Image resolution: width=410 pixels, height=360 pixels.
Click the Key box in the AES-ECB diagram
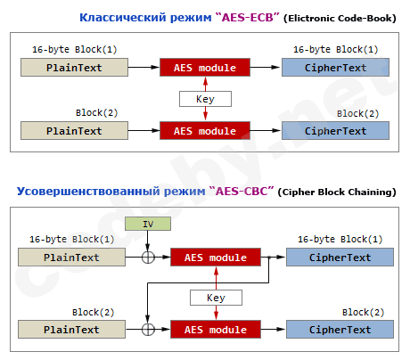(205, 99)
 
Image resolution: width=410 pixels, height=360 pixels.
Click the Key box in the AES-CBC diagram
(216, 299)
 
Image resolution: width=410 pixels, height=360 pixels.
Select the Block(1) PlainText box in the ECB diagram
(74, 66)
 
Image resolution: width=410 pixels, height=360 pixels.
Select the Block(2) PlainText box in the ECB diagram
(74, 131)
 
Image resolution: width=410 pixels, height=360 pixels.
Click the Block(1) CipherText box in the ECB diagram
(335, 66)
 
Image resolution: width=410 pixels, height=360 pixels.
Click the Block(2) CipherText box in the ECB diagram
(335, 131)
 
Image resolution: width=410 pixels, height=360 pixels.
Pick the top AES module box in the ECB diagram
(205, 66)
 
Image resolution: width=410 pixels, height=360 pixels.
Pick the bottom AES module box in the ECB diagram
(205, 131)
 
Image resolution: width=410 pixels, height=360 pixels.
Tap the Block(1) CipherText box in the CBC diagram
(340, 258)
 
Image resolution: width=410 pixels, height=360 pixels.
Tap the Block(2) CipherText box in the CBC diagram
(340, 330)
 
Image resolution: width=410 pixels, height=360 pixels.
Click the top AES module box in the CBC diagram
(216, 258)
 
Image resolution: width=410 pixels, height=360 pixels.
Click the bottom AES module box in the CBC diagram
(216, 330)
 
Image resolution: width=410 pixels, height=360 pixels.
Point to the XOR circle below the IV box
(147, 258)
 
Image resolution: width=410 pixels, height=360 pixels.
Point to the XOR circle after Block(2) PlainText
(147, 330)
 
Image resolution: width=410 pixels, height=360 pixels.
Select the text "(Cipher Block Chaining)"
(337, 192)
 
